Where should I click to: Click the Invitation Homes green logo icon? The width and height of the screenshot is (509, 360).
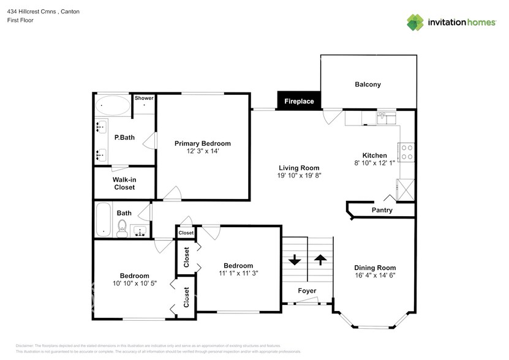pos(416,22)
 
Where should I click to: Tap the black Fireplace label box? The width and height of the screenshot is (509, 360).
pos(299,102)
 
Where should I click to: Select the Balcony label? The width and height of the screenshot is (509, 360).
pos(368,84)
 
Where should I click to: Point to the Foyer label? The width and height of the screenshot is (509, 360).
pos(307,290)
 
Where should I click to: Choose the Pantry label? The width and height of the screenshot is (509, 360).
pos(382,211)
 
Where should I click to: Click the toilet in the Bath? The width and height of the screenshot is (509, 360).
pos(122,230)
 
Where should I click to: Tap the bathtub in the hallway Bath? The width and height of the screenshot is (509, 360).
pos(104,219)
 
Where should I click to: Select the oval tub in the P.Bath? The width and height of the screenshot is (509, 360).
pos(113,106)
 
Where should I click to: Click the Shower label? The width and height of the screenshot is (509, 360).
pos(144,98)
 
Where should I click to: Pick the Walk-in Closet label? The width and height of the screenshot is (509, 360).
pos(124,183)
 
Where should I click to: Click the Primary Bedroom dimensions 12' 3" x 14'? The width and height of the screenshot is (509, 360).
pos(203,151)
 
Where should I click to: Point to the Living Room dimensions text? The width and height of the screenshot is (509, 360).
pos(299,176)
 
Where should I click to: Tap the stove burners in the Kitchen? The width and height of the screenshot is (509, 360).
pos(406,151)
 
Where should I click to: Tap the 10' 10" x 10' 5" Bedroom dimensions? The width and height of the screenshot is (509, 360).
pos(134,283)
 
